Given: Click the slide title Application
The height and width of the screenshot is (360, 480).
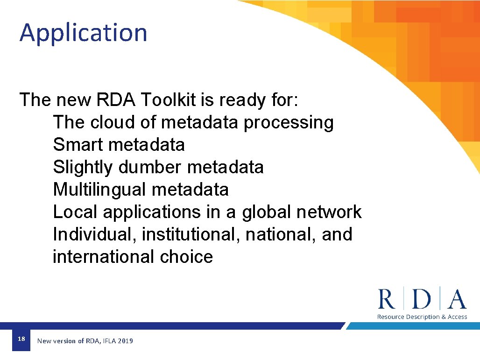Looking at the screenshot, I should click(83, 33).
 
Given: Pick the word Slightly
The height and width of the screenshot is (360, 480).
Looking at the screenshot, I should click(83, 168).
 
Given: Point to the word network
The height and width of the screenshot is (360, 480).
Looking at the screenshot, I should click(329, 212).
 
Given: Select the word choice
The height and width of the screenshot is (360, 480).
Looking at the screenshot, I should click(186, 257).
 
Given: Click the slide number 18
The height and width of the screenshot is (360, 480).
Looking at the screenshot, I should click(21, 339).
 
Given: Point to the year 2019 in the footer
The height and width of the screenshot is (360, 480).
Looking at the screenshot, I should click(125, 341).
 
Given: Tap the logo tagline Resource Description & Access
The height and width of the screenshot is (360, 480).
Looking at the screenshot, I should click(422, 317).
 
